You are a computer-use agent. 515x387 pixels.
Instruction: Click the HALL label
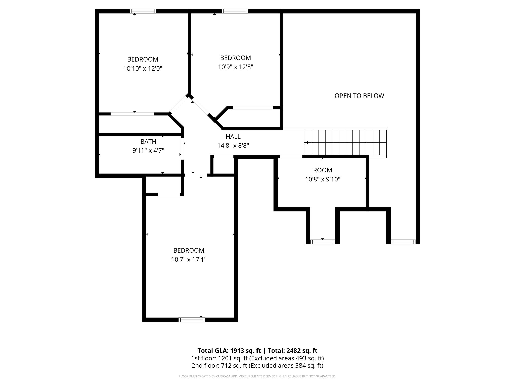coord(233,137)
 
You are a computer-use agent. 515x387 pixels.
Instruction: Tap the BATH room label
coord(148,142)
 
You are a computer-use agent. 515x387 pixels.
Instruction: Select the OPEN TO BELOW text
coord(359,96)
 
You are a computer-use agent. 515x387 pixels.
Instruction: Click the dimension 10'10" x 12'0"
coord(143,69)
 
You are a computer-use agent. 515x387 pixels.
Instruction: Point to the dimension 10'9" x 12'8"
coord(235,67)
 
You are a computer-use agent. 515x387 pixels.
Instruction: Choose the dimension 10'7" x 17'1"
coord(189,260)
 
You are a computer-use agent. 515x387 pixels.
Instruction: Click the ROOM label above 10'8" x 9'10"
coord(322,170)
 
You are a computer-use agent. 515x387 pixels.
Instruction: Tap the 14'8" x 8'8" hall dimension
coord(233,146)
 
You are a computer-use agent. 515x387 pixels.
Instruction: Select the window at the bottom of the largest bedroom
coord(192,320)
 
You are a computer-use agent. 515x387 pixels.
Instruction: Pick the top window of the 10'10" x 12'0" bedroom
coord(143,11)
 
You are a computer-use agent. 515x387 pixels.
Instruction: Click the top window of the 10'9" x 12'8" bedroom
coord(235,11)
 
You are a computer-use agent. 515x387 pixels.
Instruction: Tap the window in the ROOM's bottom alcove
coord(323,242)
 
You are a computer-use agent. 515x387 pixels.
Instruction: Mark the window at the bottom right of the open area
coord(403,242)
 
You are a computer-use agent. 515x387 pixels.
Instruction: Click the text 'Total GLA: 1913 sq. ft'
coord(229,351)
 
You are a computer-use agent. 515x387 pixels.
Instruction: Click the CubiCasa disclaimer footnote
coord(257,376)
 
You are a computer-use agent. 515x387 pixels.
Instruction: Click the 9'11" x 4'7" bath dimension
coord(148,151)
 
